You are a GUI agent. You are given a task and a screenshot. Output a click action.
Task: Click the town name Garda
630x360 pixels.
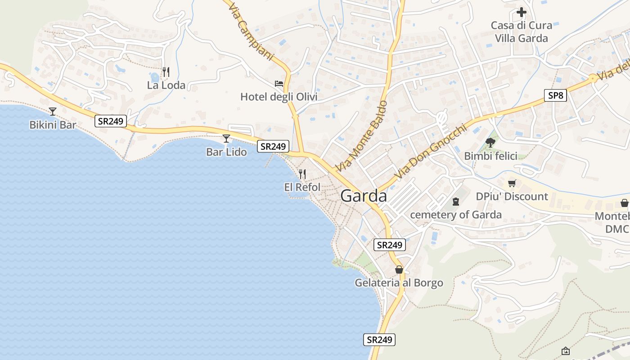[x=364, y=196]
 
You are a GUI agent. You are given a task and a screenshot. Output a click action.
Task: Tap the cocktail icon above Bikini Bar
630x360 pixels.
[x=53, y=111]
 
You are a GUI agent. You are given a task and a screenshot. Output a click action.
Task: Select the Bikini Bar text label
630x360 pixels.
[x=53, y=125]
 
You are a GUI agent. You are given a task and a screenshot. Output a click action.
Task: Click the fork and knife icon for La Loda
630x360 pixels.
[x=166, y=72]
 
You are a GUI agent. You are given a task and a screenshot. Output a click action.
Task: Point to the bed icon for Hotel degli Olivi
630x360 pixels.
[x=279, y=84]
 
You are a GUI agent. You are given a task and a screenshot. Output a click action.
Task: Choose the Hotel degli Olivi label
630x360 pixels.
[x=279, y=97]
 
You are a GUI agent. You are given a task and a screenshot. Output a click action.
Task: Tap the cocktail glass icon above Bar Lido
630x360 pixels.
[x=226, y=139]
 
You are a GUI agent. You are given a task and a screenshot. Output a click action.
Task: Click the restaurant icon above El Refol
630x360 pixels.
[x=302, y=174]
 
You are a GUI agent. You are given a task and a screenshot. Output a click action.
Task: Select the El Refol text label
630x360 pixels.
[x=302, y=187]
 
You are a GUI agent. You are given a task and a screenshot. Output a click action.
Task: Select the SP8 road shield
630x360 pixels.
[x=555, y=95]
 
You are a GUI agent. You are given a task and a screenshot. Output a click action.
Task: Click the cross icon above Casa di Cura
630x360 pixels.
[x=522, y=12]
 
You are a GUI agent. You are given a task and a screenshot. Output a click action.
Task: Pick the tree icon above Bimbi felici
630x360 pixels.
[x=490, y=143]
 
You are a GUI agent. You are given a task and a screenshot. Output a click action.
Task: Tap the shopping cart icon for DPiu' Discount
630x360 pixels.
[x=512, y=183]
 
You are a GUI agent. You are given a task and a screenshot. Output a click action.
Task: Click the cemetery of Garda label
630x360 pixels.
[x=456, y=215]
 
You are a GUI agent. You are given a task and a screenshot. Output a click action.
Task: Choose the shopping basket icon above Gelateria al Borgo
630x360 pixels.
[x=399, y=270]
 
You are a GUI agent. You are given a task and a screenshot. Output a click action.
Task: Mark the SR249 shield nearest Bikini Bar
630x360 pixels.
[x=111, y=121]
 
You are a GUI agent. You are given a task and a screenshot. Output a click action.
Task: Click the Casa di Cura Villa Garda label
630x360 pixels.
[x=522, y=31]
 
